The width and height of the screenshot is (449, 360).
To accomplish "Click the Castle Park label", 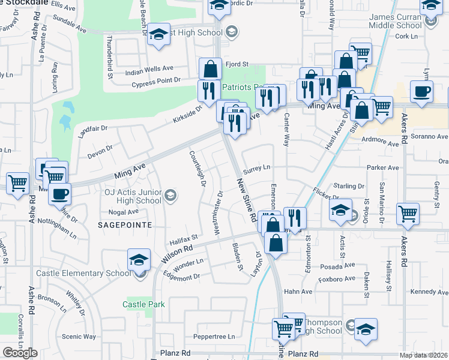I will click(x=143, y=304).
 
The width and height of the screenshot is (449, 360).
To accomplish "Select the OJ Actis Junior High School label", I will click(x=124, y=196).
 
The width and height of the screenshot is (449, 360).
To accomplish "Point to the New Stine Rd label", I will click(x=246, y=199).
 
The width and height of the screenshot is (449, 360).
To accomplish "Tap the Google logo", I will click(x=20, y=353).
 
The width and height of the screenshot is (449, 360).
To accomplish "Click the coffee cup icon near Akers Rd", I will click(x=421, y=92).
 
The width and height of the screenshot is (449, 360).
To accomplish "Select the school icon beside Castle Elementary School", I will click(x=139, y=260).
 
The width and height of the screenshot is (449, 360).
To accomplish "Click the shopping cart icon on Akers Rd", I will click(x=408, y=214).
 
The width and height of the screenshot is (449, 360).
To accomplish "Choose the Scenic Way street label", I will click(x=79, y=337).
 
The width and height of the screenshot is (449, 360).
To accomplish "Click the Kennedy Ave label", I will click(x=430, y=292).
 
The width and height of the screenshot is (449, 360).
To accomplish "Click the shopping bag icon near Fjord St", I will click(x=211, y=69).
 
